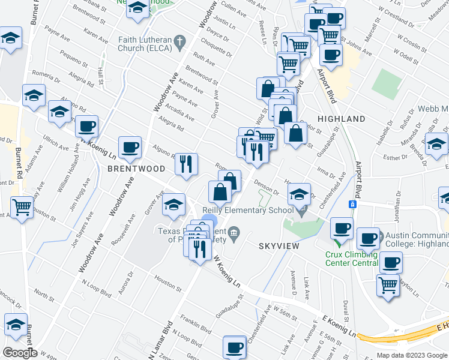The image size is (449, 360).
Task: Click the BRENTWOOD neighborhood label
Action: (136, 169)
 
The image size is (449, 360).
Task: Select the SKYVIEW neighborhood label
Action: (279, 246)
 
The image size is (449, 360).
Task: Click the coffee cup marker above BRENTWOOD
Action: (130, 147)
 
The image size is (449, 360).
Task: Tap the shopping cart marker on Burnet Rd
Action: (22, 208)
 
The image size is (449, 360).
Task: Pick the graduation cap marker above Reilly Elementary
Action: (299, 194)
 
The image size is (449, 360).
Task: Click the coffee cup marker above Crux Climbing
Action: (342, 229)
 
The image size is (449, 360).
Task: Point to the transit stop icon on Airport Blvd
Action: (353, 204)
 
